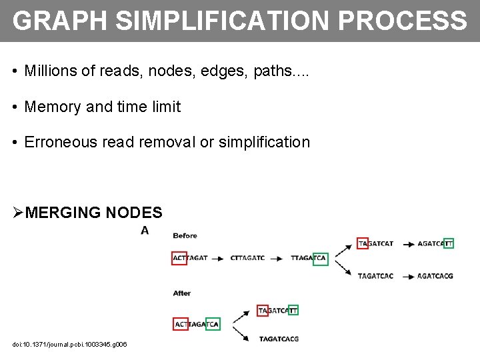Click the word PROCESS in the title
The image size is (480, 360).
(x=402, y=21)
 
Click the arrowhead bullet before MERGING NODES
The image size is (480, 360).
(x=18, y=213)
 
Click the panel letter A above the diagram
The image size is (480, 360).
(x=144, y=230)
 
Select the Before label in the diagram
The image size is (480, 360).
(x=185, y=235)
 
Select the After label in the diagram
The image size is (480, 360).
(x=182, y=293)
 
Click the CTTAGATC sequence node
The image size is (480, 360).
(x=247, y=258)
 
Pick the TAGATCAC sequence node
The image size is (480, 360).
(x=375, y=276)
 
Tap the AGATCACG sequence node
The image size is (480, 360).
(x=435, y=276)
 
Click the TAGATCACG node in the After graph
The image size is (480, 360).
(x=279, y=339)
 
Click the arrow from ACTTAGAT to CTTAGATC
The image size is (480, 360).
(x=217, y=258)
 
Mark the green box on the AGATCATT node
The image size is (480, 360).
(x=448, y=243)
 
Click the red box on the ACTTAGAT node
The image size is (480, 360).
(x=179, y=258)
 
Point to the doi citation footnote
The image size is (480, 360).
(x=69, y=344)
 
